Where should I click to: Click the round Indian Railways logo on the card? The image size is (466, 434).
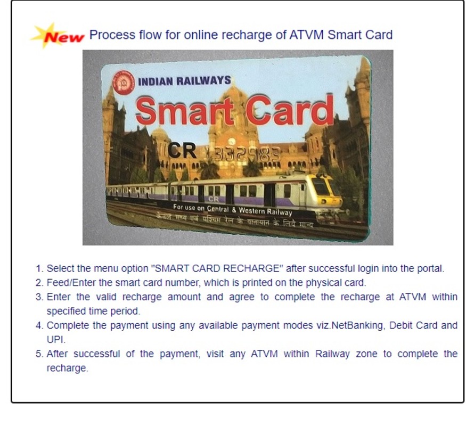(124, 82)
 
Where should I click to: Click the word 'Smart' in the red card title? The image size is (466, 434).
(184, 112)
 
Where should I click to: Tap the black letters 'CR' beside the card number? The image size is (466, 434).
(182, 150)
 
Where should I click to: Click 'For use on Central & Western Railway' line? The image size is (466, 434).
(233, 209)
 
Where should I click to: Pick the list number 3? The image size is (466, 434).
(39, 297)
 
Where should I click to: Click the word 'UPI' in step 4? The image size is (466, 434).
(55, 339)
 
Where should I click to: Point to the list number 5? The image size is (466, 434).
(39, 354)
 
